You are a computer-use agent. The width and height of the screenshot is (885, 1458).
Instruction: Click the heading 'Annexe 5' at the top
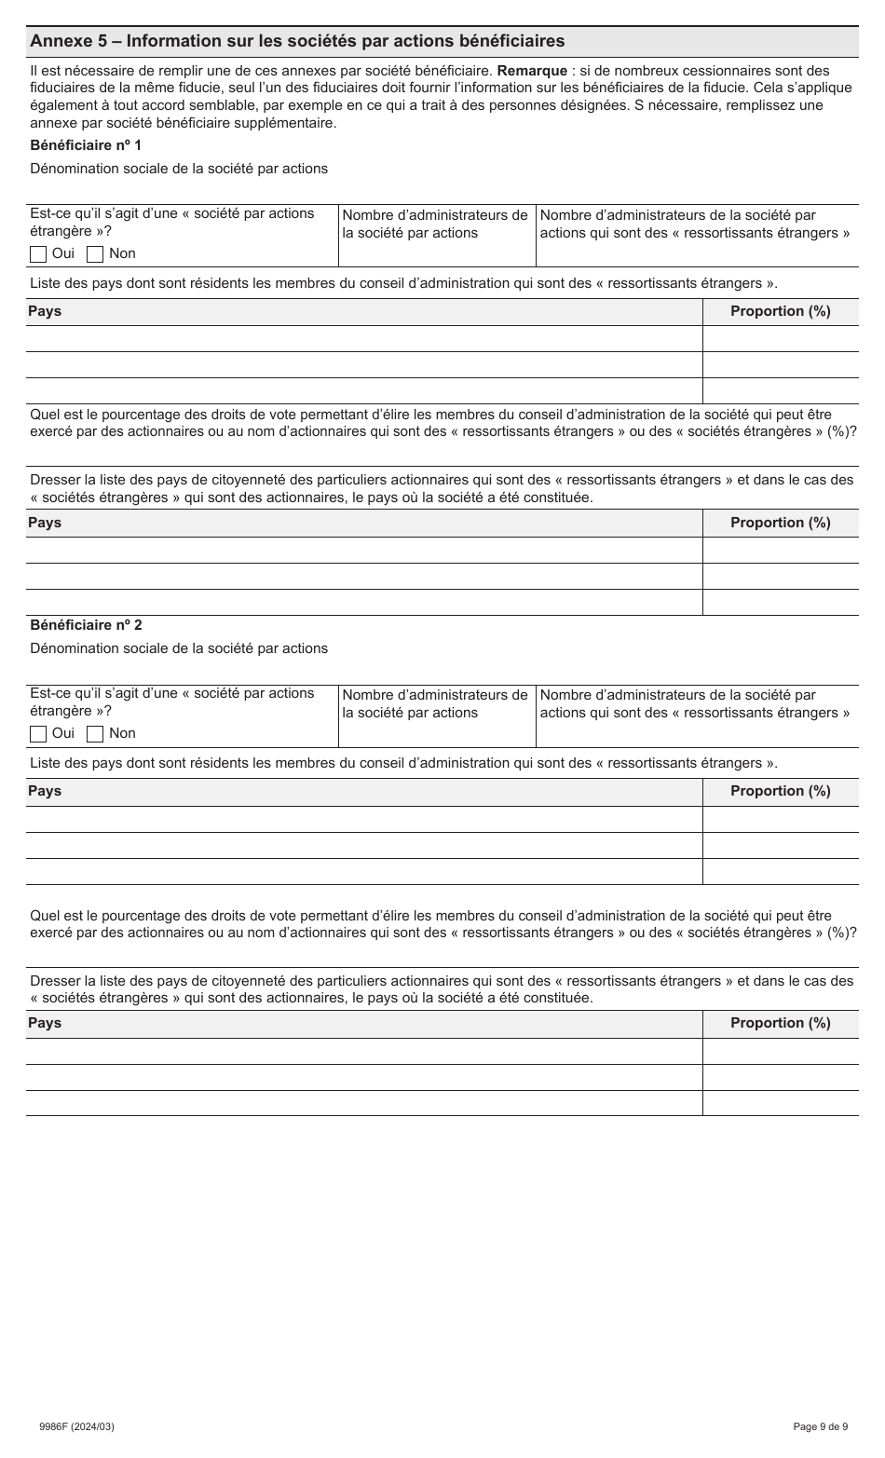pos(296,41)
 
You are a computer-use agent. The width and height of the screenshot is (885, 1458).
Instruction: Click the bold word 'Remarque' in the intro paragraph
pos(532,71)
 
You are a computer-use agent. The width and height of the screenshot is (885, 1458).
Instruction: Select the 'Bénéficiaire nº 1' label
pos(86,145)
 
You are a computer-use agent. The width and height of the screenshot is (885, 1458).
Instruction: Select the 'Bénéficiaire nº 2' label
pos(86,625)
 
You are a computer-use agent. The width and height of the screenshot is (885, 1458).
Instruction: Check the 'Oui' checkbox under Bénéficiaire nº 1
pos(38,254)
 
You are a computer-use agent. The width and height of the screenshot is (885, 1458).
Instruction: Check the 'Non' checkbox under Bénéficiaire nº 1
pos(95,254)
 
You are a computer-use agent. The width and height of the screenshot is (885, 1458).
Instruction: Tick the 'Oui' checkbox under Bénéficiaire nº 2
pos(38,734)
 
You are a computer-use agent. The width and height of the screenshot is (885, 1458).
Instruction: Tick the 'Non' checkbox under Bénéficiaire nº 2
pos(95,734)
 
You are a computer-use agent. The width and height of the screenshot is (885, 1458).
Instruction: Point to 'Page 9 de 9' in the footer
pos(820,1426)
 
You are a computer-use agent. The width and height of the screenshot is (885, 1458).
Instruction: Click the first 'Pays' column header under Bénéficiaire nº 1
pos(45,311)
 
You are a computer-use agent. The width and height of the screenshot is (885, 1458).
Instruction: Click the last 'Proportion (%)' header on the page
pos(780,1023)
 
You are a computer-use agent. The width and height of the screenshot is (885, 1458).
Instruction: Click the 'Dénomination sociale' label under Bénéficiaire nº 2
pos(179,648)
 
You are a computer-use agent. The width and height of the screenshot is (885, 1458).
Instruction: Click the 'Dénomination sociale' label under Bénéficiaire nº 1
pos(179,169)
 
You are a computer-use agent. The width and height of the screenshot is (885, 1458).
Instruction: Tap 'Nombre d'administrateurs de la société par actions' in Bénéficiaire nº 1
pos(435,225)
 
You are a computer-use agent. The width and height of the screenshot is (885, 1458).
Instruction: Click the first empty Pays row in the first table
pos(363,339)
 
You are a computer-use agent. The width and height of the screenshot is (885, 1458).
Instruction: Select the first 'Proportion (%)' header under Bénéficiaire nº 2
pos(780,791)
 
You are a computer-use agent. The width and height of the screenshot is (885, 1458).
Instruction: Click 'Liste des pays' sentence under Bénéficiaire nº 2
pos(403,763)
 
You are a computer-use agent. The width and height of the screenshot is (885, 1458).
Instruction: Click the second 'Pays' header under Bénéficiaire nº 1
pos(45,523)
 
